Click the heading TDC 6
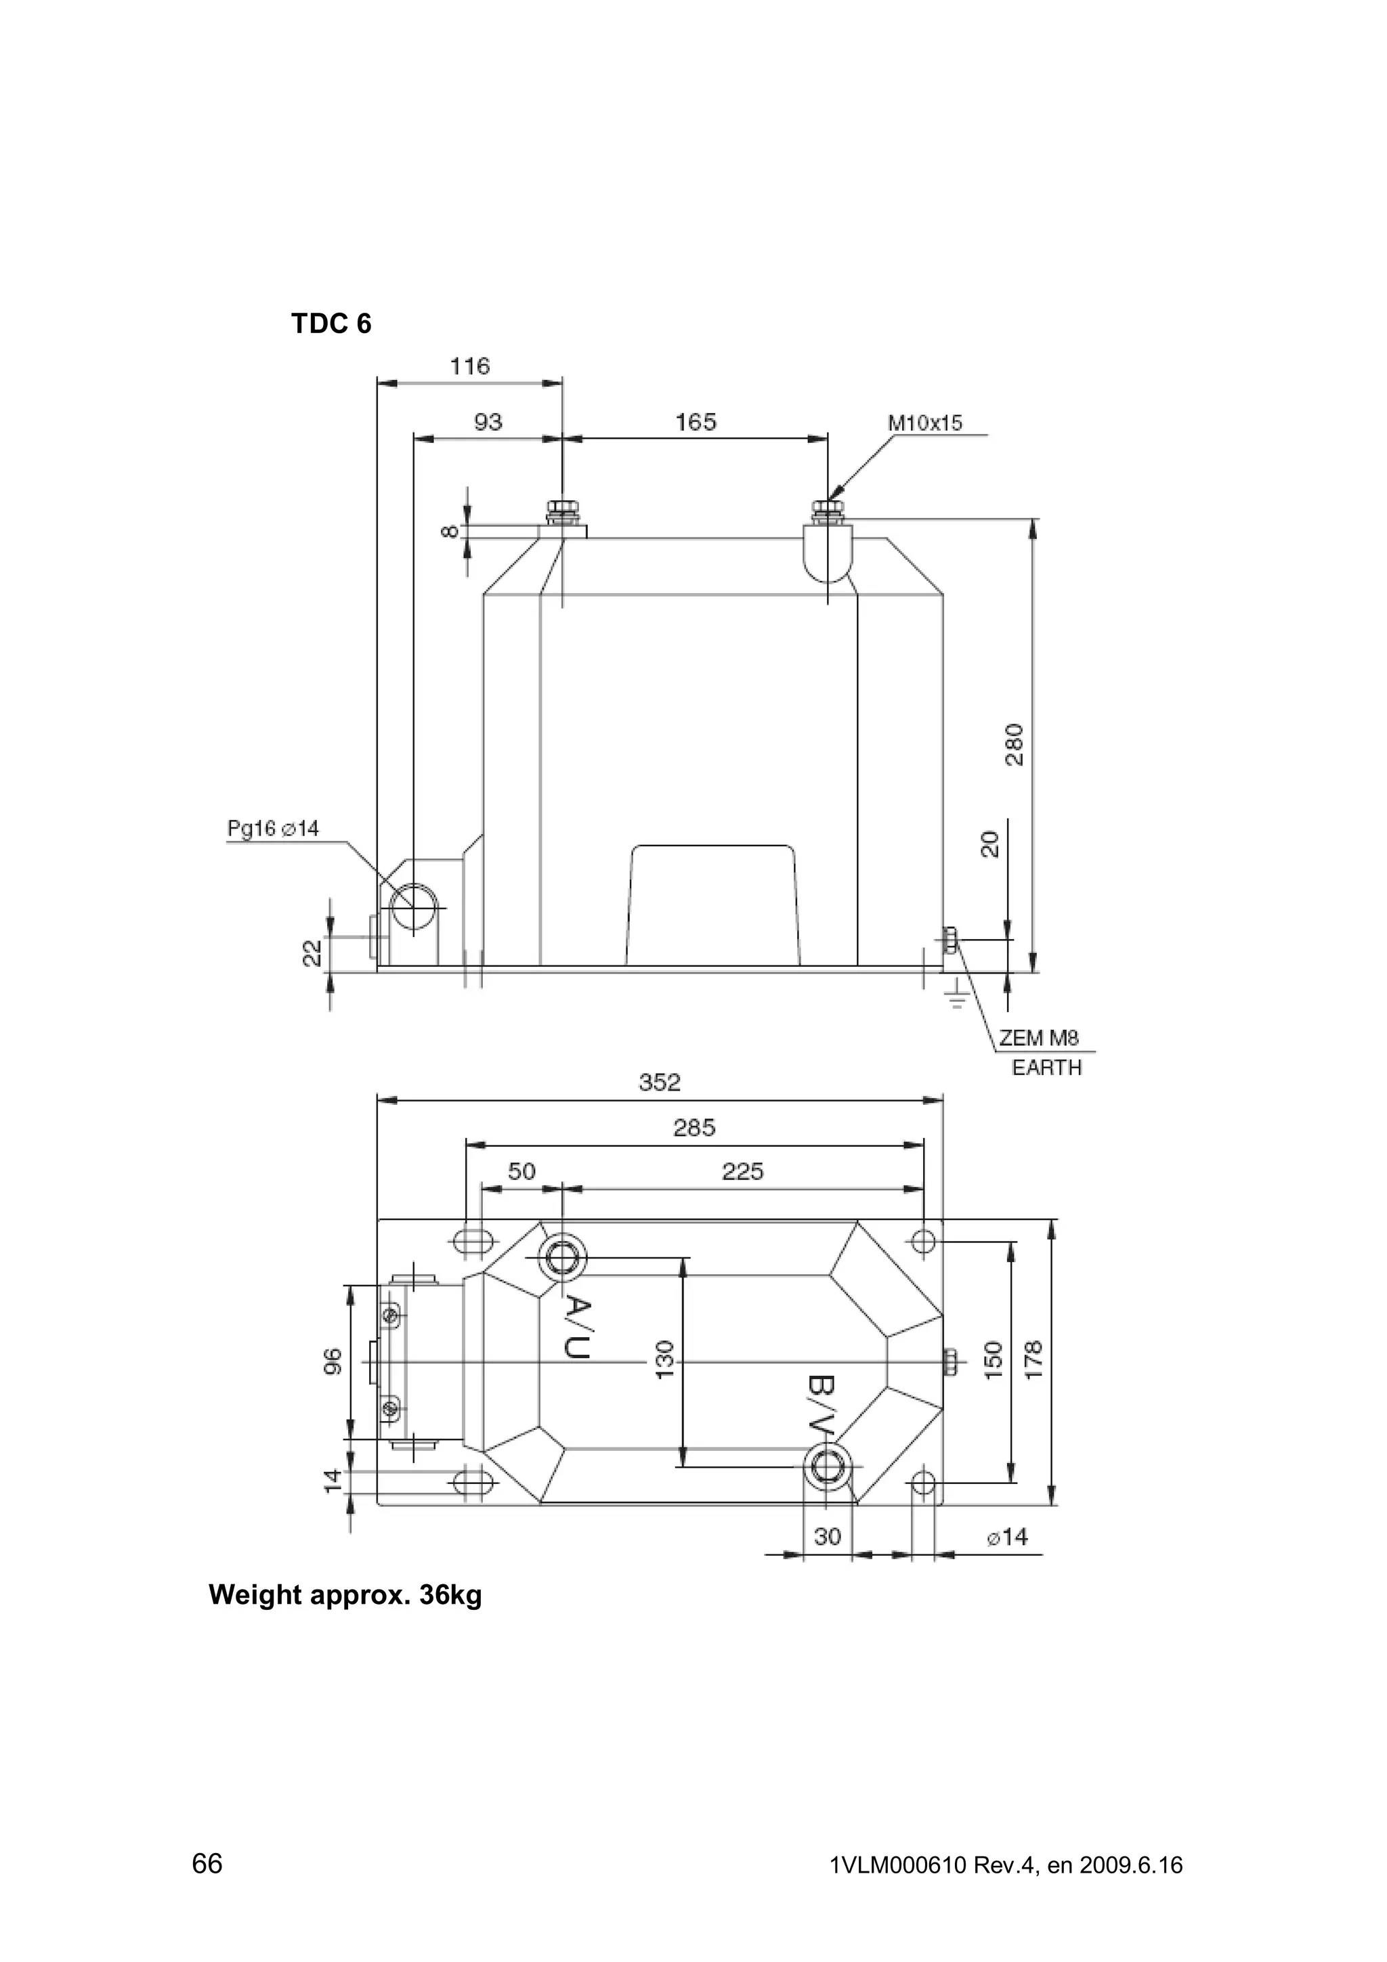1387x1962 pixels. pos(332,325)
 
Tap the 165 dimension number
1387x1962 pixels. pos(696,422)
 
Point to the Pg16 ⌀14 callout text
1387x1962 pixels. pos(273,828)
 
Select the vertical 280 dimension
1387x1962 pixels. pos(1015,744)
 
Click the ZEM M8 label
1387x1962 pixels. pos(1039,1039)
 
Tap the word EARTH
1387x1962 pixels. pos(1046,1068)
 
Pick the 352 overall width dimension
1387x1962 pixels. pos(660,1083)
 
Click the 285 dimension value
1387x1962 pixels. pos(694,1128)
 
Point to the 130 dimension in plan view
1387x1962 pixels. pos(666,1359)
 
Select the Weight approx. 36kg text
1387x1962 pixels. pos(345,1596)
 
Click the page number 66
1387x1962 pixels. pos(207,1863)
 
